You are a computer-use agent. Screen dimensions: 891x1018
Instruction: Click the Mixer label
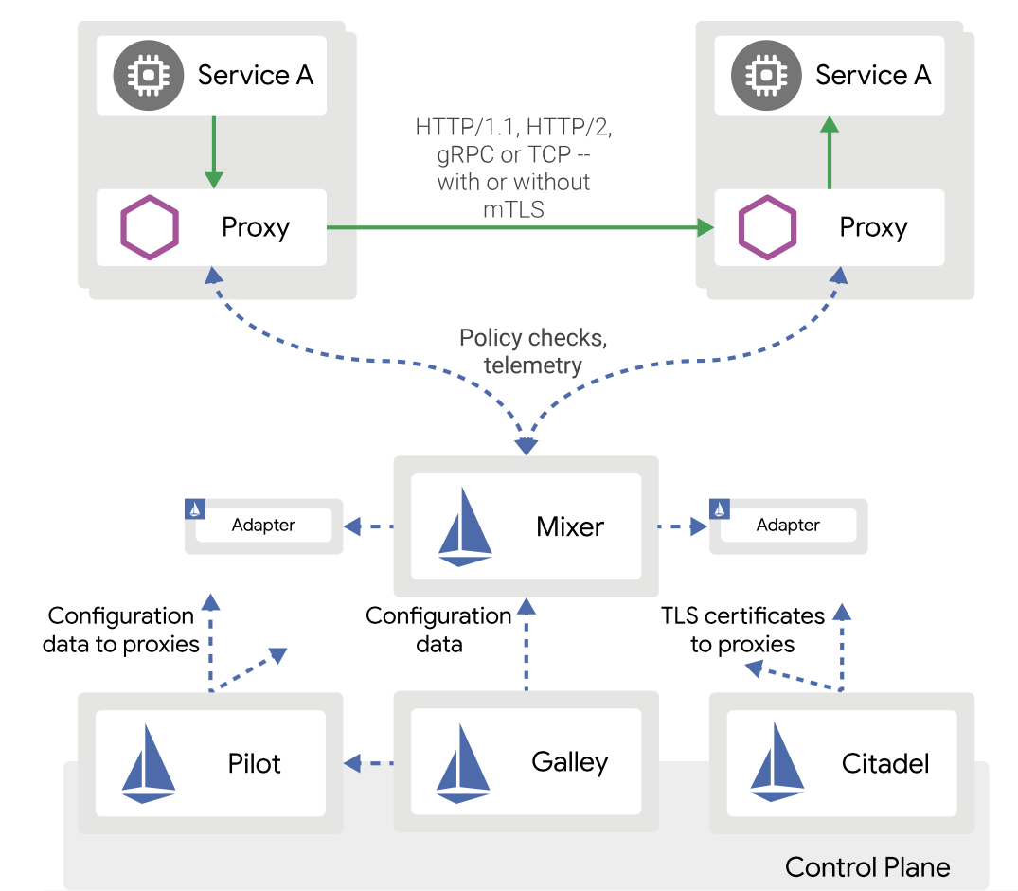[x=569, y=526]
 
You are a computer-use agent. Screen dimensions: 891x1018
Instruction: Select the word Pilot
[x=254, y=763]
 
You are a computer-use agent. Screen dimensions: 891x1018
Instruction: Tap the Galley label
[x=569, y=761]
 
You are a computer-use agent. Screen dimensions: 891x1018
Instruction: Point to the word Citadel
[x=884, y=763]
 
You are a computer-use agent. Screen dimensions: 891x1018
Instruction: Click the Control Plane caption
[x=867, y=866]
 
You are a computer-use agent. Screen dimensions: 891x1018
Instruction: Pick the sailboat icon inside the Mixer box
[x=465, y=527]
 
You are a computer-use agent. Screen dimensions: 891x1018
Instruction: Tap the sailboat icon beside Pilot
[x=149, y=763]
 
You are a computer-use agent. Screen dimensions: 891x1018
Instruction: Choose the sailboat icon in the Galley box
[x=463, y=763]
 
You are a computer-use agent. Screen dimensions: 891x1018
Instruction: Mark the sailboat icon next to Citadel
[x=777, y=763]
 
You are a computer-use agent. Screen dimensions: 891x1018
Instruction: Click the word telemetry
[x=533, y=365]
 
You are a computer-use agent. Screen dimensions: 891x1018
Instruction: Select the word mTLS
[x=513, y=209]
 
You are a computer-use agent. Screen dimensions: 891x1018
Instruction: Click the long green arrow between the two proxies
[x=516, y=227]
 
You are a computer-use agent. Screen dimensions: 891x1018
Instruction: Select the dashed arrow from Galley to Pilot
[x=368, y=761]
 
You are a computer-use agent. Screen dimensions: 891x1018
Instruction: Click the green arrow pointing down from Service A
[x=213, y=151]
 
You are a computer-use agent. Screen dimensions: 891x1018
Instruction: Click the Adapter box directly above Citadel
[x=788, y=526]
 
